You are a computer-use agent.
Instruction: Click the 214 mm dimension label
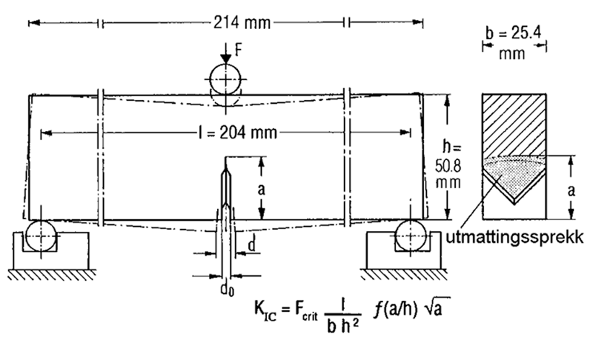click(x=242, y=23)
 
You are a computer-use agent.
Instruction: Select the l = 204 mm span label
click(x=238, y=132)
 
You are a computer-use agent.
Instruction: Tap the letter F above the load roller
click(x=238, y=49)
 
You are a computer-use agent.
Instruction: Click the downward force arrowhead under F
click(x=225, y=60)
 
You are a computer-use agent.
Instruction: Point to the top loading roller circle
click(x=225, y=79)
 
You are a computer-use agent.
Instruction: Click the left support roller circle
click(x=41, y=236)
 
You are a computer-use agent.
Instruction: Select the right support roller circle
click(x=410, y=236)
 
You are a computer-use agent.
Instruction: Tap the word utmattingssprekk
click(x=514, y=237)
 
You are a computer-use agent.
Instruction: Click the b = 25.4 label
click(x=513, y=33)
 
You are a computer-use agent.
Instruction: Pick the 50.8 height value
click(x=448, y=167)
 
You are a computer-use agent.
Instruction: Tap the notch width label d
click(x=251, y=245)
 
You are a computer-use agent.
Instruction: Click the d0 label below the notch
click(x=227, y=289)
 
